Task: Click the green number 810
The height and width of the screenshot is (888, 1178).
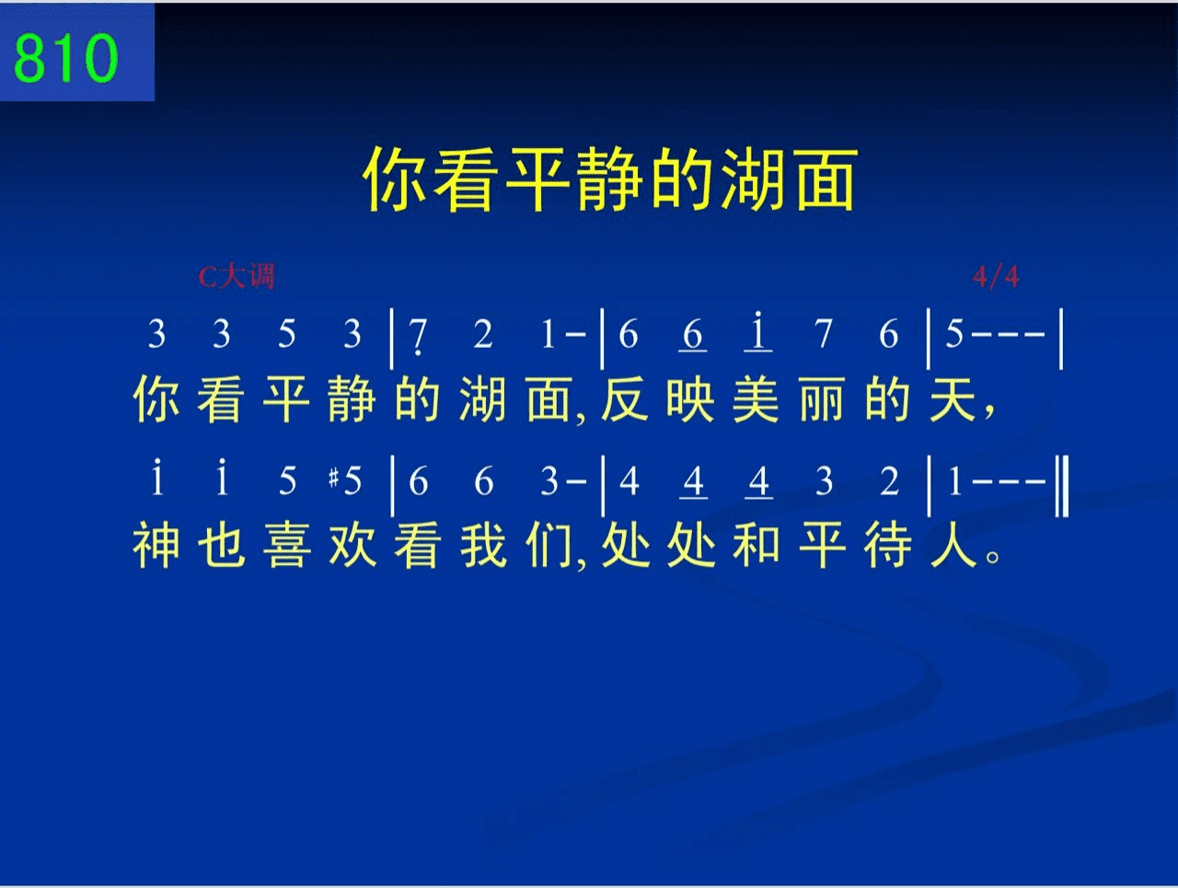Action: click(65, 58)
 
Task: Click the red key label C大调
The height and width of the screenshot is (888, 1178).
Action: click(237, 277)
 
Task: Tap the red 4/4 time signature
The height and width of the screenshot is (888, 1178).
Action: click(996, 277)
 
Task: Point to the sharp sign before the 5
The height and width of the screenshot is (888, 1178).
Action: click(334, 478)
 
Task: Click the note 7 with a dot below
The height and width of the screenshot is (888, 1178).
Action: click(418, 337)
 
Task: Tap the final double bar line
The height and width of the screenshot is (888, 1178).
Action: click(1062, 485)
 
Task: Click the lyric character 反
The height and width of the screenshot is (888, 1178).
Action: click(624, 399)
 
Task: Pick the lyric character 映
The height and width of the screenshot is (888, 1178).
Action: click(690, 399)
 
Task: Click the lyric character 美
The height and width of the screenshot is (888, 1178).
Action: click(756, 399)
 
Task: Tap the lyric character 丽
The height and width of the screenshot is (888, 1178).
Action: click(822, 399)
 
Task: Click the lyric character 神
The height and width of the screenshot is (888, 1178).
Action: click(156, 546)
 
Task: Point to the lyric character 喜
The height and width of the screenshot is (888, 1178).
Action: click(287, 546)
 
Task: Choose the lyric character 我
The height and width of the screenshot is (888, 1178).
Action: click(483, 546)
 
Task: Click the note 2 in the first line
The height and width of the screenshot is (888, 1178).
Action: click(483, 334)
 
